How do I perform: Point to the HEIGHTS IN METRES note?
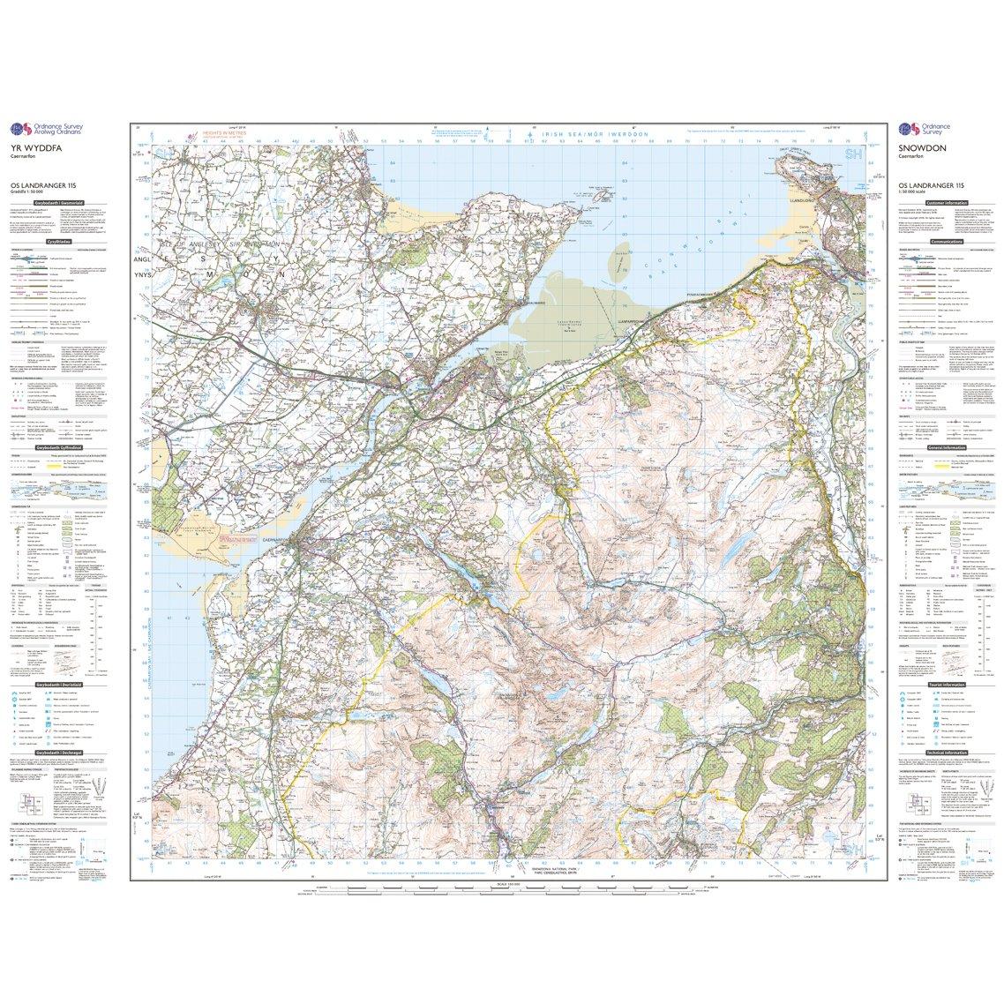(222, 135)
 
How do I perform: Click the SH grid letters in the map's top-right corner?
(852, 154)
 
